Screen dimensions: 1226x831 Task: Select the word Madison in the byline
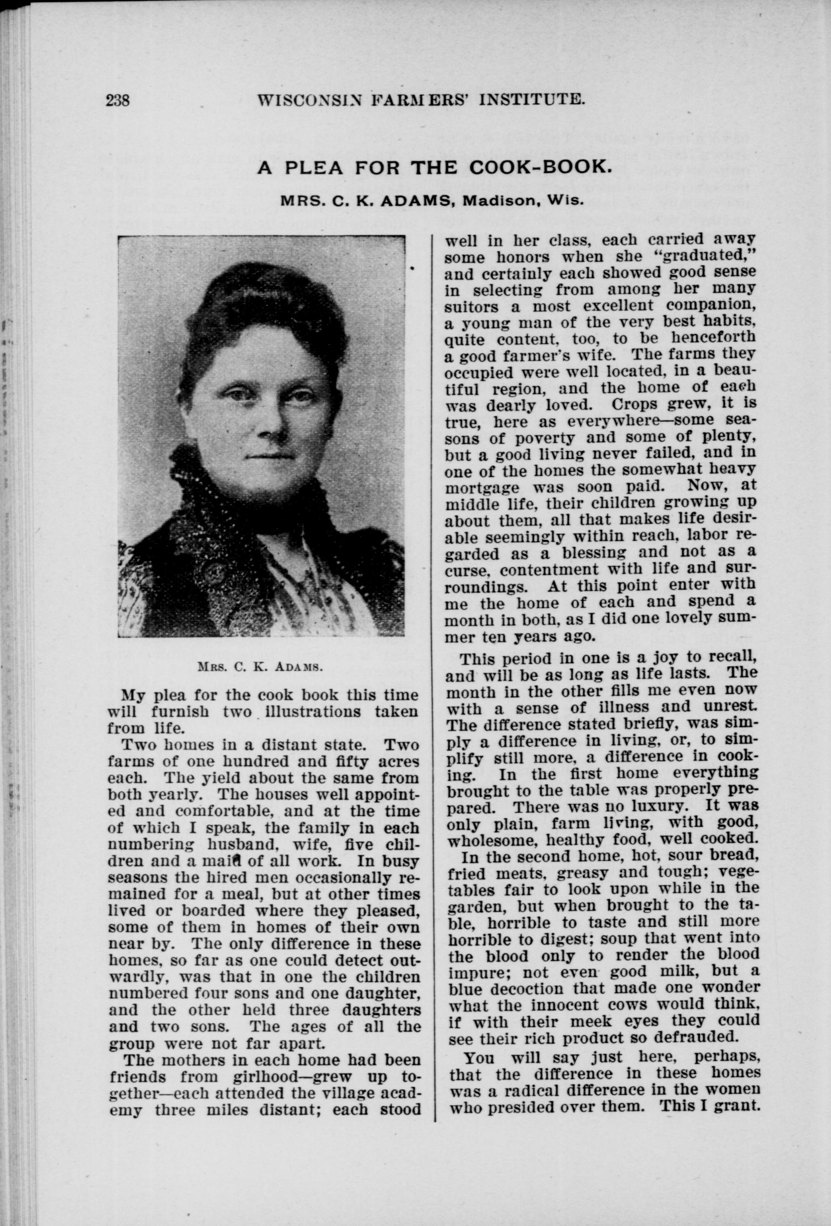pyautogui.click(x=499, y=201)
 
